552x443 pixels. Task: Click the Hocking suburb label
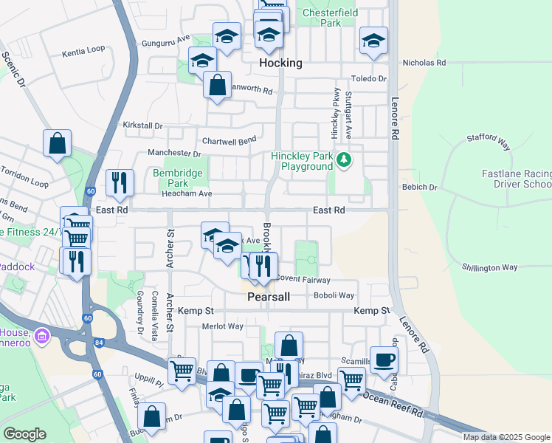coord(280,63)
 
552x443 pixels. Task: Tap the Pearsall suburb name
coord(267,297)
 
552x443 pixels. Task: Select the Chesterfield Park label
coord(332,18)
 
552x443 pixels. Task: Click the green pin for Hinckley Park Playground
coord(343,159)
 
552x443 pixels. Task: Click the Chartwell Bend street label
coord(229,140)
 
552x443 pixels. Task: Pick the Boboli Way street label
coord(334,295)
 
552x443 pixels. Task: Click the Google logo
coord(24,434)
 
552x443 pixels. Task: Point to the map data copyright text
coord(506,437)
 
